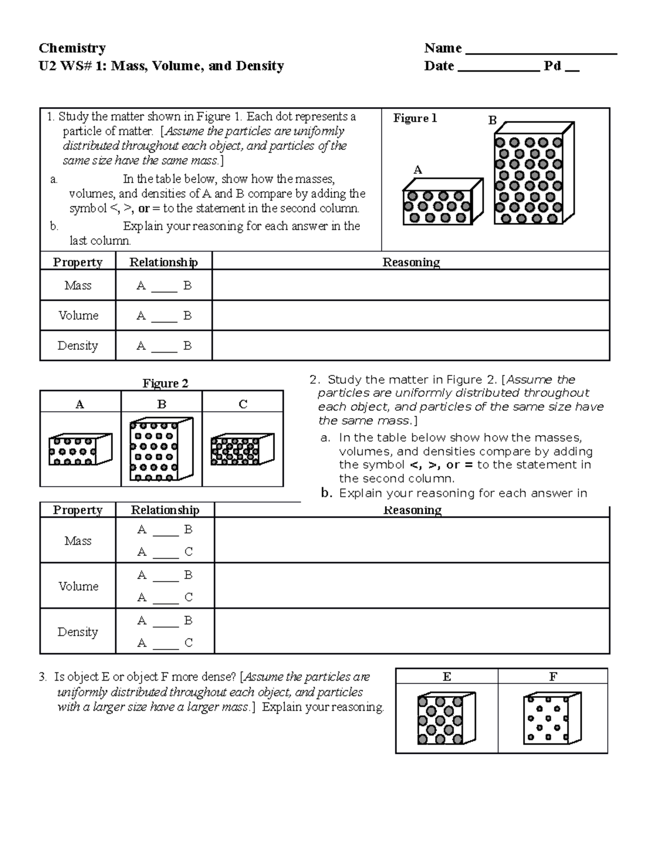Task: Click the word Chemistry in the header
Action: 72,48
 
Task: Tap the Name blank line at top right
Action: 540,52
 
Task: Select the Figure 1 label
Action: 415,119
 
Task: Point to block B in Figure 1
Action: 532,175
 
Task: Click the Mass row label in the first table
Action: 78,285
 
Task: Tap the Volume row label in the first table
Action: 78,315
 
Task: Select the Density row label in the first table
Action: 78,346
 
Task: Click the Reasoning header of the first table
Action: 411,262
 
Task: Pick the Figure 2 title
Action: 165,383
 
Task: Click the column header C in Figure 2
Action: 243,405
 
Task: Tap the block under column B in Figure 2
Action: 161,449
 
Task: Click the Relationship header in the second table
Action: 165,510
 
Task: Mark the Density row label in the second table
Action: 78,632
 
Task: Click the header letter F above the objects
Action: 553,677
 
